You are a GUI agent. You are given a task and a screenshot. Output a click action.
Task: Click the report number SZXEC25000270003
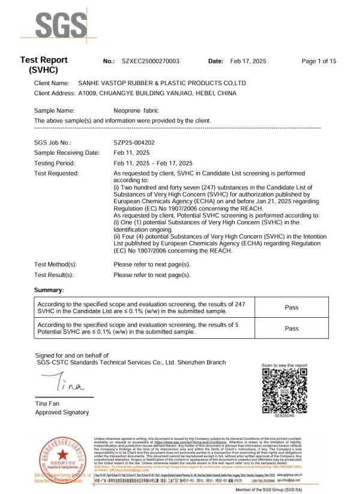150,61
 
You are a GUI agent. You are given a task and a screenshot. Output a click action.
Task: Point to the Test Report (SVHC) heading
44,65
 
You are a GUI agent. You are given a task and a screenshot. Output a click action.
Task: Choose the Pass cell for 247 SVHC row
292,308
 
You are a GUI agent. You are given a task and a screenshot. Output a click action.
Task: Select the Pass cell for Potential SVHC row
292,329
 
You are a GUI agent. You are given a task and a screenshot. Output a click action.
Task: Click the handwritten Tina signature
64,381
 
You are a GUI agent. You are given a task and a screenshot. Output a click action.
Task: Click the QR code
284,390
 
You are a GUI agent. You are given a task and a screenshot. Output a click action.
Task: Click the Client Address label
55,94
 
